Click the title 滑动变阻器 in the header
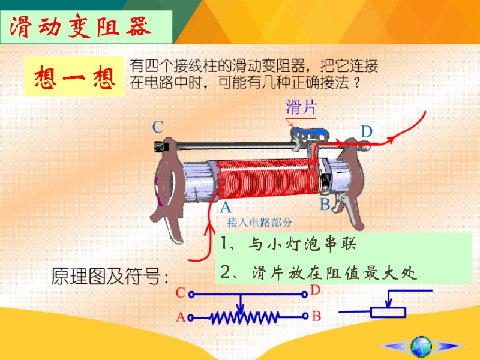pos(80,27)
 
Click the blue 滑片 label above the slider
pos(301,107)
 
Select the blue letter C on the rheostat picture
pos(158,127)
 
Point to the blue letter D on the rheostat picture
pos(367,131)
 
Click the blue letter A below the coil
pos(226,207)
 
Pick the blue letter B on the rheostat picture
pos(325,204)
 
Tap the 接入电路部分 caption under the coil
pos(259,223)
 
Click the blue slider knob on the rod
pos(309,132)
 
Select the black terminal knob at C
pos(161,146)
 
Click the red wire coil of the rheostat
pos(266,179)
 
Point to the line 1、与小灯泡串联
pos(288,244)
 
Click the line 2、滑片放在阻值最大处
pos(319,272)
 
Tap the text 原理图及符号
pos(110,276)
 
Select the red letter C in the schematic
pos(181,293)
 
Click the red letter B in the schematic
pos(317,316)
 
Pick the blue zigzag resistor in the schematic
pos(244,317)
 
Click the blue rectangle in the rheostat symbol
pos(388,312)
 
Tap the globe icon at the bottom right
pos(421,346)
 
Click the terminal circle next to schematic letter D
pos(304,295)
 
